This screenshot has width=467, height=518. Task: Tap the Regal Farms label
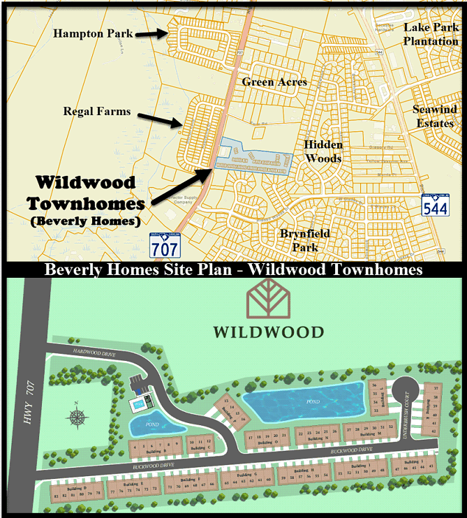96,111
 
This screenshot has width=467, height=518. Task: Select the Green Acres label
274,82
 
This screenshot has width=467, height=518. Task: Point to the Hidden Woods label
323,151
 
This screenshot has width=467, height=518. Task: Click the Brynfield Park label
304,239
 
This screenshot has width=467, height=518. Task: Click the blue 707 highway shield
164,245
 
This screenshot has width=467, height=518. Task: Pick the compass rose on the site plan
77,417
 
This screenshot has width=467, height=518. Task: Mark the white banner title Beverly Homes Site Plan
233,269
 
